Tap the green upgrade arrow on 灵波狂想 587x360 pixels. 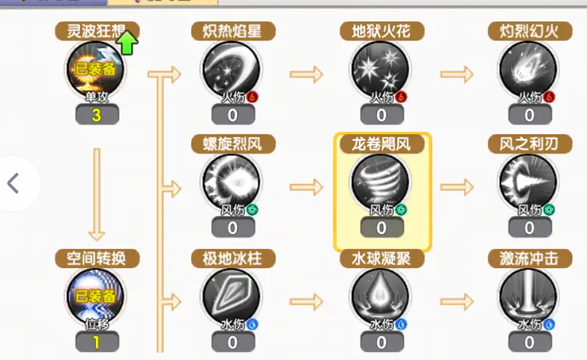click(x=127, y=43)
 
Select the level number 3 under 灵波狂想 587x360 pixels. click(x=97, y=115)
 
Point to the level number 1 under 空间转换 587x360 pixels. click(x=97, y=342)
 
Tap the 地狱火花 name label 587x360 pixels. click(x=381, y=31)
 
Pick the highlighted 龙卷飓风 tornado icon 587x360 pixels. click(x=380, y=183)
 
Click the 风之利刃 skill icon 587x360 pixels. click(x=529, y=183)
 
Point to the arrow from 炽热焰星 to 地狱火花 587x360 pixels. click(x=306, y=74)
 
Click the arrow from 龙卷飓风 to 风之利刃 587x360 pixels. click(x=457, y=187)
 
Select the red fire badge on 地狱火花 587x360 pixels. click(x=401, y=97)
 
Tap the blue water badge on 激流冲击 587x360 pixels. click(x=549, y=325)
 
